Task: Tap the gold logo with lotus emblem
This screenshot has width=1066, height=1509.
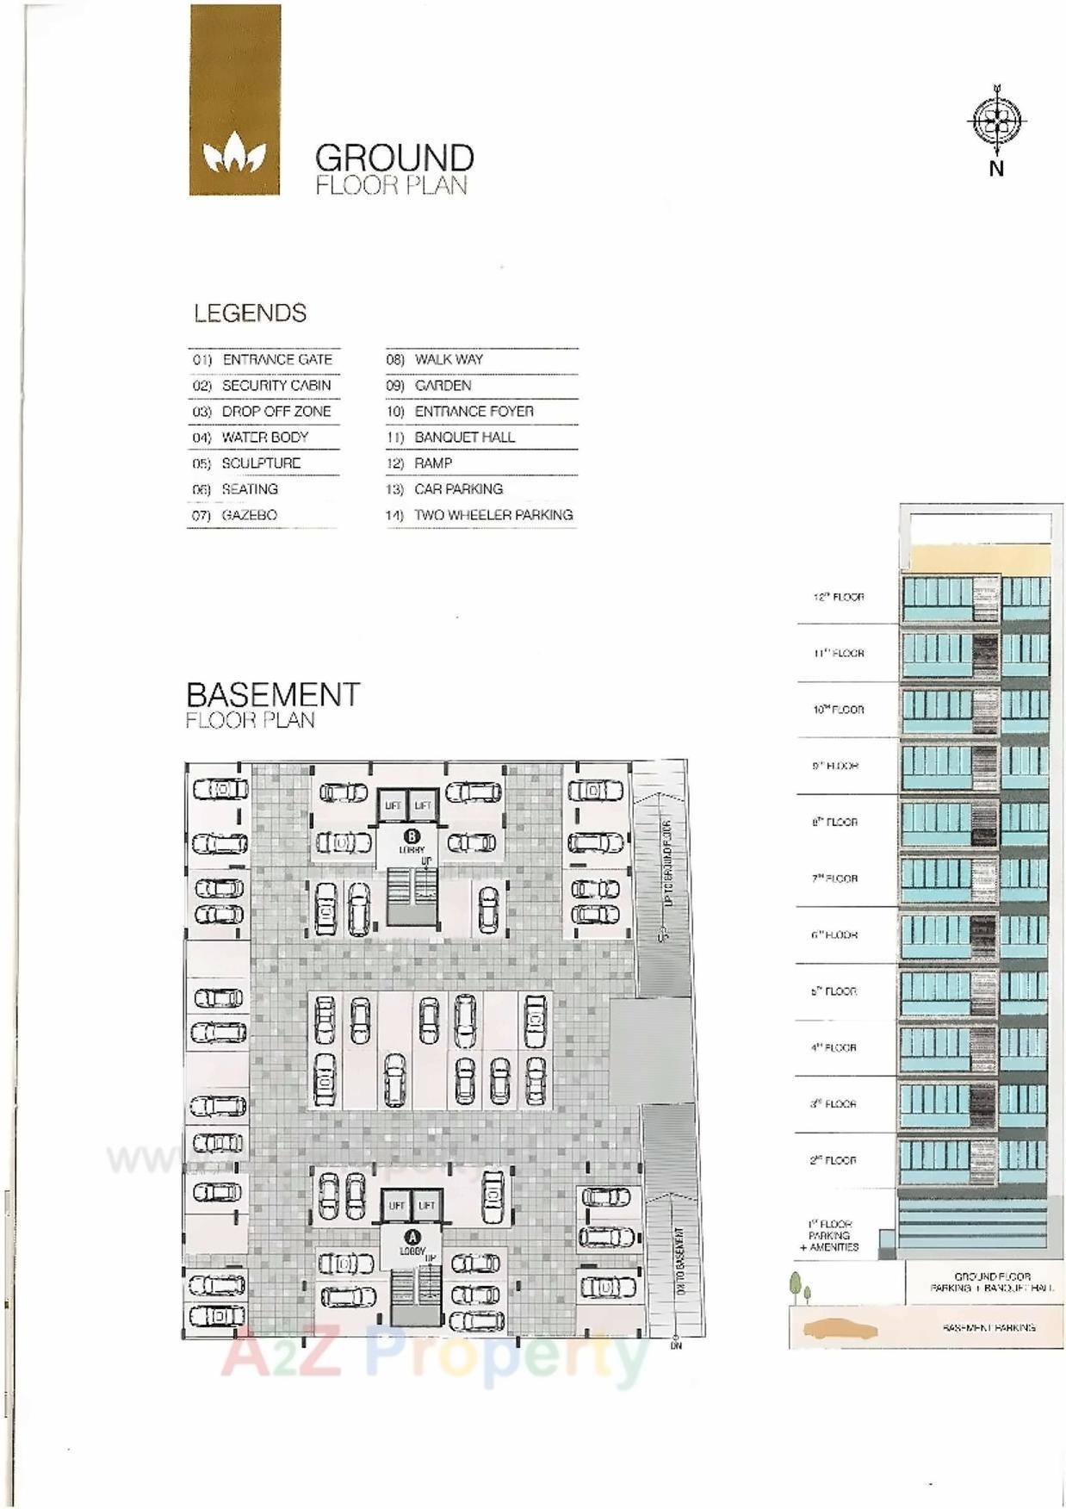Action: click(x=234, y=100)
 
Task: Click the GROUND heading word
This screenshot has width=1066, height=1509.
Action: click(x=394, y=158)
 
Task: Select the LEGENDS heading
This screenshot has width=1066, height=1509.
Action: click(x=250, y=314)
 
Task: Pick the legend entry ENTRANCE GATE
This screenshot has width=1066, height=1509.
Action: click(x=276, y=360)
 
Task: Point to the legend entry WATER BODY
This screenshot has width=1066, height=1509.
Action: click(x=264, y=438)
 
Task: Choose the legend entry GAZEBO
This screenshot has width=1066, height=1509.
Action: click(x=249, y=515)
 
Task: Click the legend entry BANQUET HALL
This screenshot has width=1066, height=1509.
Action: click(x=464, y=438)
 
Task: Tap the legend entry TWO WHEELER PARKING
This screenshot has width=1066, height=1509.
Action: click(x=493, y=515)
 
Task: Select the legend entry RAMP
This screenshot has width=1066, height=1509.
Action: click(x=433, y=463)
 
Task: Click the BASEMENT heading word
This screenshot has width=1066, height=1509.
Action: click(x=273, y=695)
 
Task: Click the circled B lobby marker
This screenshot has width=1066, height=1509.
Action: click(x=412, y=835)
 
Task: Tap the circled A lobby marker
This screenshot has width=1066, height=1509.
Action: click(x=412, y=1238)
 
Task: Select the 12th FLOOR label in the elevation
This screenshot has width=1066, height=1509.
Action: click(x=839, y=597)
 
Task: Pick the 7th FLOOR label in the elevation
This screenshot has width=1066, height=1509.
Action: click(x=834, y=879)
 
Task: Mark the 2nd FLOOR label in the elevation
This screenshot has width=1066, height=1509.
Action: click(x=833, y=1160)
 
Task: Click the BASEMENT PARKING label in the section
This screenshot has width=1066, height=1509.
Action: click(x=989, y=1327)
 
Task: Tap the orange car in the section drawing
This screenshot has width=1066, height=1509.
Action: click(x=840, y=1329)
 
